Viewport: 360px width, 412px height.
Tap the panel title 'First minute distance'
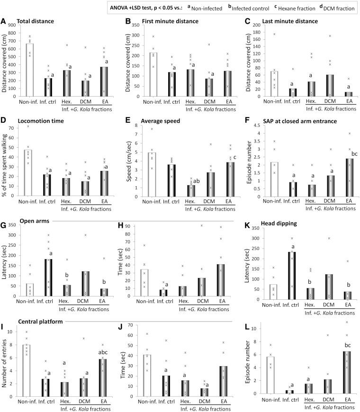pyautogui.click(x=165, y=21)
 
